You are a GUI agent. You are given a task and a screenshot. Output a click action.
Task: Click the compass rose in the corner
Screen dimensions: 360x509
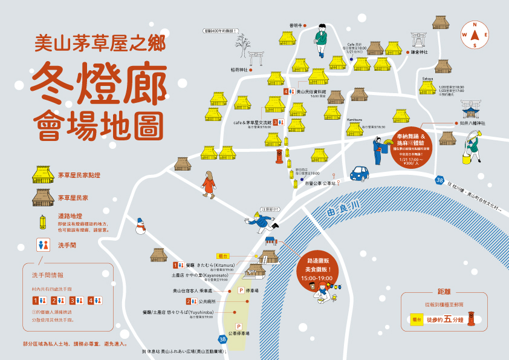coord(475,34)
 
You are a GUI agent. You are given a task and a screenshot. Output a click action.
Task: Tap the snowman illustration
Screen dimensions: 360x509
coord(141,227)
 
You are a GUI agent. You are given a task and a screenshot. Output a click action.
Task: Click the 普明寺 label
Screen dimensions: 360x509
coord(295,25)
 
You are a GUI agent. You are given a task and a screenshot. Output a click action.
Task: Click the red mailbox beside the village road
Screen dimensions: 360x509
coord(279,157)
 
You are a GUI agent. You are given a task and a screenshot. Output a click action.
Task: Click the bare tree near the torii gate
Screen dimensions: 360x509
coord(243,45)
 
